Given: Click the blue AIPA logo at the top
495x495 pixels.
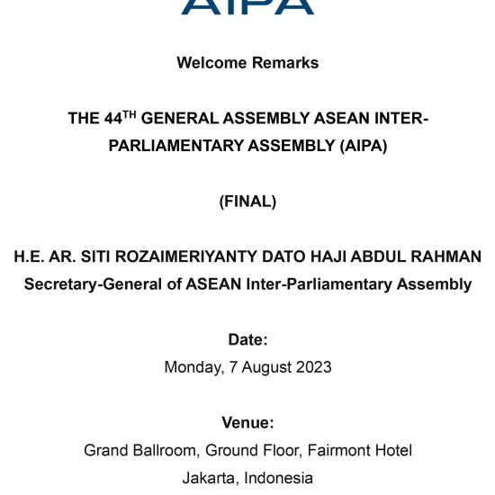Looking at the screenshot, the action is (247, 7).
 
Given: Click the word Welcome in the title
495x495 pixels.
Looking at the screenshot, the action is (211, 62).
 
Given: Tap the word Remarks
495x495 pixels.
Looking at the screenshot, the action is (285, 62).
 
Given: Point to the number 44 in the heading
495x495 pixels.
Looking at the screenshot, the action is (113, 119).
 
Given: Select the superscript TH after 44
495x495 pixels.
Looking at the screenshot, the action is (129, 114).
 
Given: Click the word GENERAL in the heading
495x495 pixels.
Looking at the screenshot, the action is (180, 119).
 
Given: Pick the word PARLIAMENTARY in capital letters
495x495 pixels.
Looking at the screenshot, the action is (175, 146).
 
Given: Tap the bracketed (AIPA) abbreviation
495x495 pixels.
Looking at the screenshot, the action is (364, 146).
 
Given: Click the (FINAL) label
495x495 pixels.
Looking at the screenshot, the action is (247, 202).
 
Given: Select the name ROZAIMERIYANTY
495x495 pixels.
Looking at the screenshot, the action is (186, 256).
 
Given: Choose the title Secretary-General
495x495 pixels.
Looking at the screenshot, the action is (93, 284).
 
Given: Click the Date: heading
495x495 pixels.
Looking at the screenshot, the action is (247, 339).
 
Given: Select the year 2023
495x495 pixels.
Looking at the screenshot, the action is (314, 367).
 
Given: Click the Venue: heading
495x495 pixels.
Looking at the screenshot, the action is (247, 423).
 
